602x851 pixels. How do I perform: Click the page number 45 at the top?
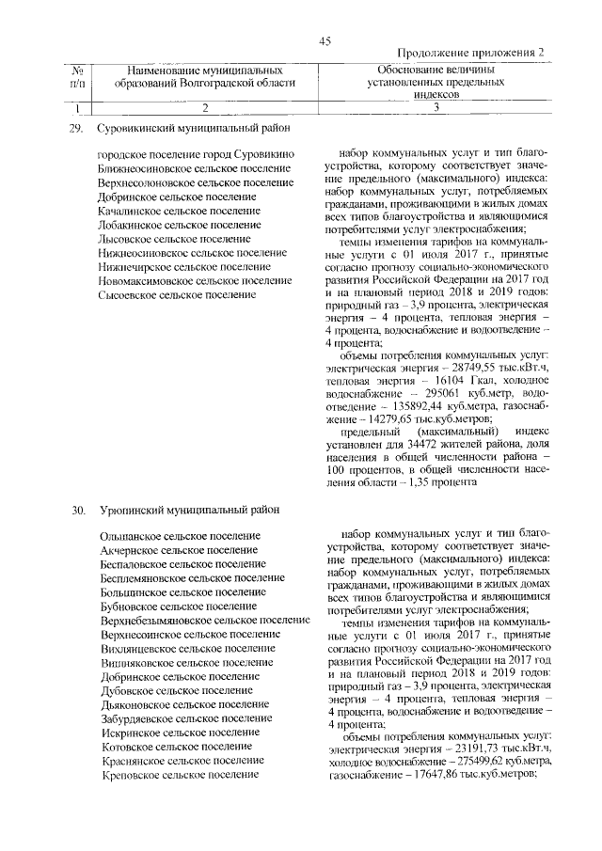tap(325, 40)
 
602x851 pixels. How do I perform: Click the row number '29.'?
tap(78, 127)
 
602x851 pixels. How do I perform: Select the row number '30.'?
tap(78, 510)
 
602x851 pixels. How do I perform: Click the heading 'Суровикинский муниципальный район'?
tap(195, 127)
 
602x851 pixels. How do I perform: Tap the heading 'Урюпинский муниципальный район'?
tap(185, 510)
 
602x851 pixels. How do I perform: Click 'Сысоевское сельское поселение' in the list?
tap(177, 295)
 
